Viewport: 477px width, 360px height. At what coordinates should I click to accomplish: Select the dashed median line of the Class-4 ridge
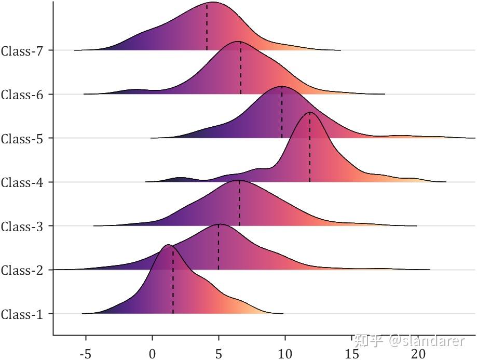pos(310,151)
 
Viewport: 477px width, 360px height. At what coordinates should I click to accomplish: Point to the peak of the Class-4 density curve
pos(310,112)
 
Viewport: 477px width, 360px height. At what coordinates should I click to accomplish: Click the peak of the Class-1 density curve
pos(168,245)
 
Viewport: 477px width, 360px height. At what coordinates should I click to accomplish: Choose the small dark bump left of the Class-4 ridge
pos(180,179)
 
